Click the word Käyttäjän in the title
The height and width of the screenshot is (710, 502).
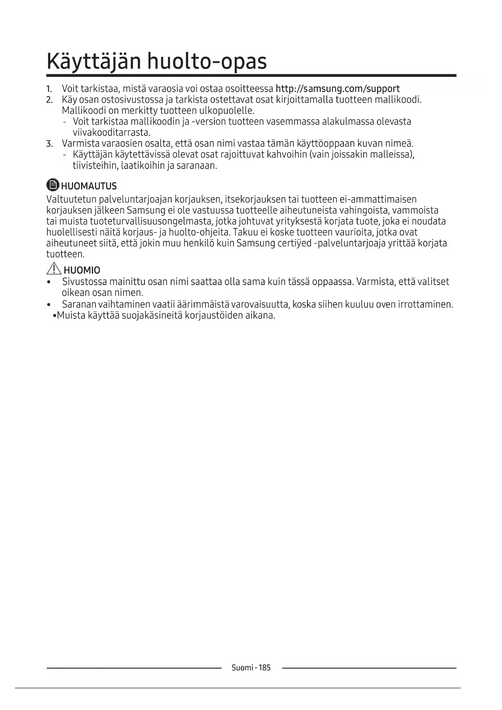(x=94, y=62)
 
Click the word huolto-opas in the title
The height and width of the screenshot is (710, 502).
(x=207, y=62)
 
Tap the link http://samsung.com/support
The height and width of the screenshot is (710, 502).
(x=337, y=89)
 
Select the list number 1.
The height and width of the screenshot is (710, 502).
(x=49, y=89)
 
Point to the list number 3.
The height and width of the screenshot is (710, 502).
(x=49, y=144)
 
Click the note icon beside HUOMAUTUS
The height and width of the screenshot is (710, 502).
(x=53, y=185)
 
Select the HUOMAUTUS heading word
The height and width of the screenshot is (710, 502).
(x=89, y=186)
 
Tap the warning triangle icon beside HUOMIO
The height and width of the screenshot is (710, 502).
(x=54, y=269)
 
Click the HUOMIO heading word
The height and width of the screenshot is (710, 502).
(x=82, y=270)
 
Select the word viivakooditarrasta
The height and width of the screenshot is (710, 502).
(x=112, y=133)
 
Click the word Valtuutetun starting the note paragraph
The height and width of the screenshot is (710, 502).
(x=71, y=199)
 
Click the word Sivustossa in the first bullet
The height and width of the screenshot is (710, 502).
(x=84, y=282)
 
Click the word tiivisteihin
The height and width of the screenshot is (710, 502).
(x=95, y=166)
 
